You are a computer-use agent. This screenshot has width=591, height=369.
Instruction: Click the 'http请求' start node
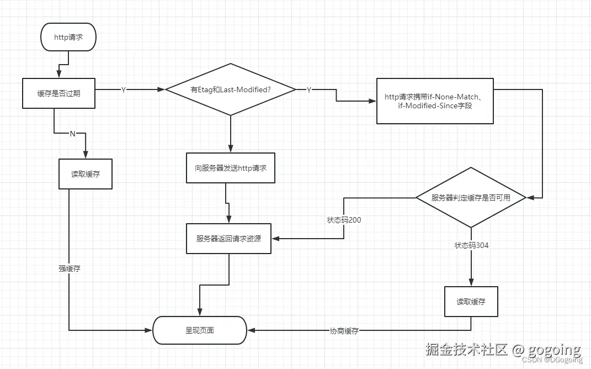click(68, 38)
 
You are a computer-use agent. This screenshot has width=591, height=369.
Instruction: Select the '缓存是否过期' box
click(58, 93)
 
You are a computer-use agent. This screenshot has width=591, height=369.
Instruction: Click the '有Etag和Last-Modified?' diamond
click(230, 89)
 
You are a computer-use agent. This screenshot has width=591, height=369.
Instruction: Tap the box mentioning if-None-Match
click(435, 101)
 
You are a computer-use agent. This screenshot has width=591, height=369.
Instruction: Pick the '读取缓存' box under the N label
click(86, 174)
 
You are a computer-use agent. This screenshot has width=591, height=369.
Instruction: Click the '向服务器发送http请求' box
click(231, 167)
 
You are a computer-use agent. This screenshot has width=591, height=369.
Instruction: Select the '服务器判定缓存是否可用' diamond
click(471, 197)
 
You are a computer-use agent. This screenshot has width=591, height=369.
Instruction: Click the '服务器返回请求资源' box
click(228, 239)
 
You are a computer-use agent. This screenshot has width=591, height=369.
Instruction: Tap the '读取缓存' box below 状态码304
click(471, 302)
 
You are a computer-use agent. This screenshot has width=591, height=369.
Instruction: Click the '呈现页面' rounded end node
click(199, 330)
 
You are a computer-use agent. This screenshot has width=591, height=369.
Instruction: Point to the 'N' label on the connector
click(72, 133)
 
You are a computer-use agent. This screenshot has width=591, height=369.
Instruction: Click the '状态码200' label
click(344, 220)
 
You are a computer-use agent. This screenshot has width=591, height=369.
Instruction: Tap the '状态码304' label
click(471, 245)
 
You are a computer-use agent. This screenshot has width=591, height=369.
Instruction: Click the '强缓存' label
click(70, 268)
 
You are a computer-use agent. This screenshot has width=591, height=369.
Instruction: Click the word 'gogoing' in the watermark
click(554, 349)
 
